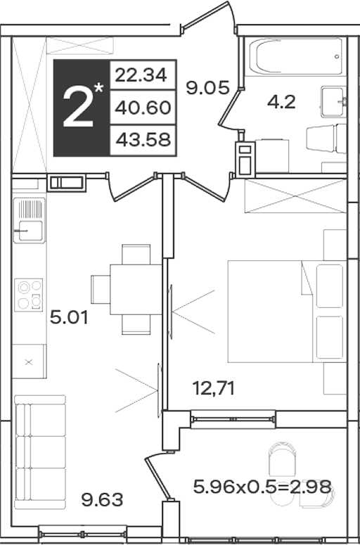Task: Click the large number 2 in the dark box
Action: point(78,108)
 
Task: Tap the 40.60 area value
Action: point(143,108)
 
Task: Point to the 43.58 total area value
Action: point(143,140)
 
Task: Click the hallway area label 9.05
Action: point(208,88)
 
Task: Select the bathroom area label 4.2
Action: point(281,102)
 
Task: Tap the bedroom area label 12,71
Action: point(214,388)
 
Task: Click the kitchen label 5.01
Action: point(68,317)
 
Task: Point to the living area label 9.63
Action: point(102,500)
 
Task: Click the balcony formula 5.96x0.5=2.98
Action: point(262,487)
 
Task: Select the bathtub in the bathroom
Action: point(295,56)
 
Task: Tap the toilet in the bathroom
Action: point(326,139)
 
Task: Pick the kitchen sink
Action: point(30,220)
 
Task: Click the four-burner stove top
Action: point(29,295)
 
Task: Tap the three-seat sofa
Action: point(40,452)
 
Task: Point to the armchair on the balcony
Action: point(283,459)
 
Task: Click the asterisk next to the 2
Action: point(98,88)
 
